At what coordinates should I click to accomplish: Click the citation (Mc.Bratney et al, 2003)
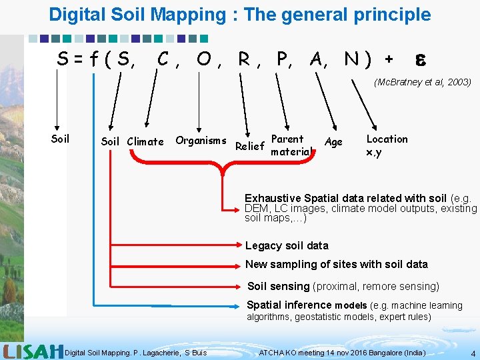click(423, 82)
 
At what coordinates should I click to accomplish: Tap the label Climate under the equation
click(145, 141)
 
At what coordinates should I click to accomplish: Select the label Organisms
click(201, 140)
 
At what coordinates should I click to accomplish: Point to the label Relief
click(251, 146)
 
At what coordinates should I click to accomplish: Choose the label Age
click(333, 141)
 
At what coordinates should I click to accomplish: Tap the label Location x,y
click(387, 145)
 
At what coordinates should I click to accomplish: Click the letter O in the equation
click(205, 60)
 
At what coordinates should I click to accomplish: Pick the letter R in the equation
click(245, 60)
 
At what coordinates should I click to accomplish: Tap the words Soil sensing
click(279, 287)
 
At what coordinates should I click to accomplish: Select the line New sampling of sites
click(337, 264)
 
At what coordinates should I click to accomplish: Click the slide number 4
click(473, 353)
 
